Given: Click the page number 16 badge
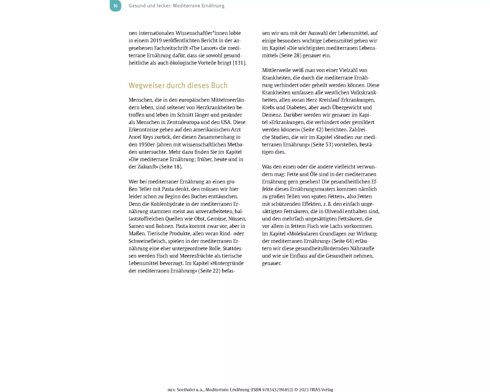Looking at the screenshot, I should click(115, 6).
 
